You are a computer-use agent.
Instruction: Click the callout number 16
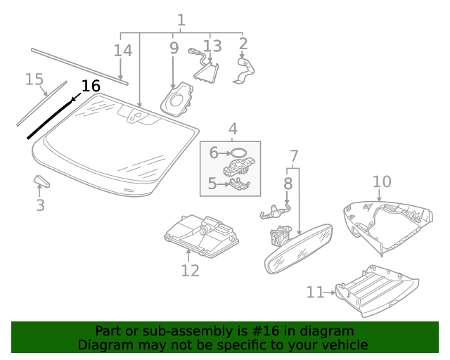tap(91, 86)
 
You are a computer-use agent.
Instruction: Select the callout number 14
tap(122, 51)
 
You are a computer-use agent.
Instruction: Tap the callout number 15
tap(34, 79)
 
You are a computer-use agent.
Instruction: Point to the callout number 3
tap(40, 205)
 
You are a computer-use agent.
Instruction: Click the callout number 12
tap(190, 271)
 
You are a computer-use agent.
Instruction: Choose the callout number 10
tap(382, 182)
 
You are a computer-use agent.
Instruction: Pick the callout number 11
tap(315, 291)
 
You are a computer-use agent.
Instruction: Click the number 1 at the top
tap(181, 20)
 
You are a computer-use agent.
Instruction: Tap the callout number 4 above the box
tap(232, 129)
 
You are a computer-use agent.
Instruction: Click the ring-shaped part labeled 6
tap(238, 152)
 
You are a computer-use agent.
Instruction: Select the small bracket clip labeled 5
tap(240, 185)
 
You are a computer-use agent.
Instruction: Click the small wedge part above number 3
tap(42, 182)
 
